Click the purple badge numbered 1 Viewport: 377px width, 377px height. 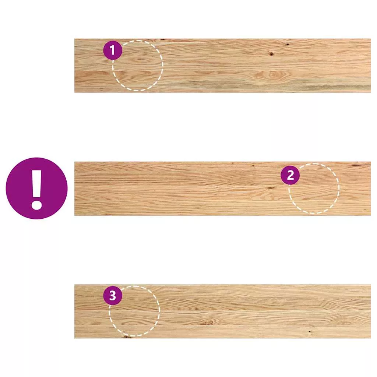click(x=113, y=50)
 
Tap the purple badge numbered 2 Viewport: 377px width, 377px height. click(x=290, y=175)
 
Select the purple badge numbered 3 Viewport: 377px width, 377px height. click(x=113, y=296)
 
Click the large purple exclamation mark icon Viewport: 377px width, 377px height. click(x=36, y=188)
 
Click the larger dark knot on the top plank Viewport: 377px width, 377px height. click(x=271, y=54)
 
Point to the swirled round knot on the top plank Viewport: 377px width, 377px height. click(x=272, y=74)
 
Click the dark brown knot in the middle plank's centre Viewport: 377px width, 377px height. click(x=271, y=188)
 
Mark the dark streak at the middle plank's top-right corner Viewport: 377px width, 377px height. click(x=361, y=165)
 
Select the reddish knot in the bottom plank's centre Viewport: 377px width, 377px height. click(x=208, y=322)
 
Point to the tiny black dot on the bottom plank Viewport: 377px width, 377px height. click(x=309, y=332)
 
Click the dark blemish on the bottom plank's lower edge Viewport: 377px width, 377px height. click(x=127, y=337)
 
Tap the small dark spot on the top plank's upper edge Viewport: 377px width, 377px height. click(x=162, y=39)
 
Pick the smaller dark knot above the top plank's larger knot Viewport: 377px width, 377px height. click(x=287, y=45)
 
